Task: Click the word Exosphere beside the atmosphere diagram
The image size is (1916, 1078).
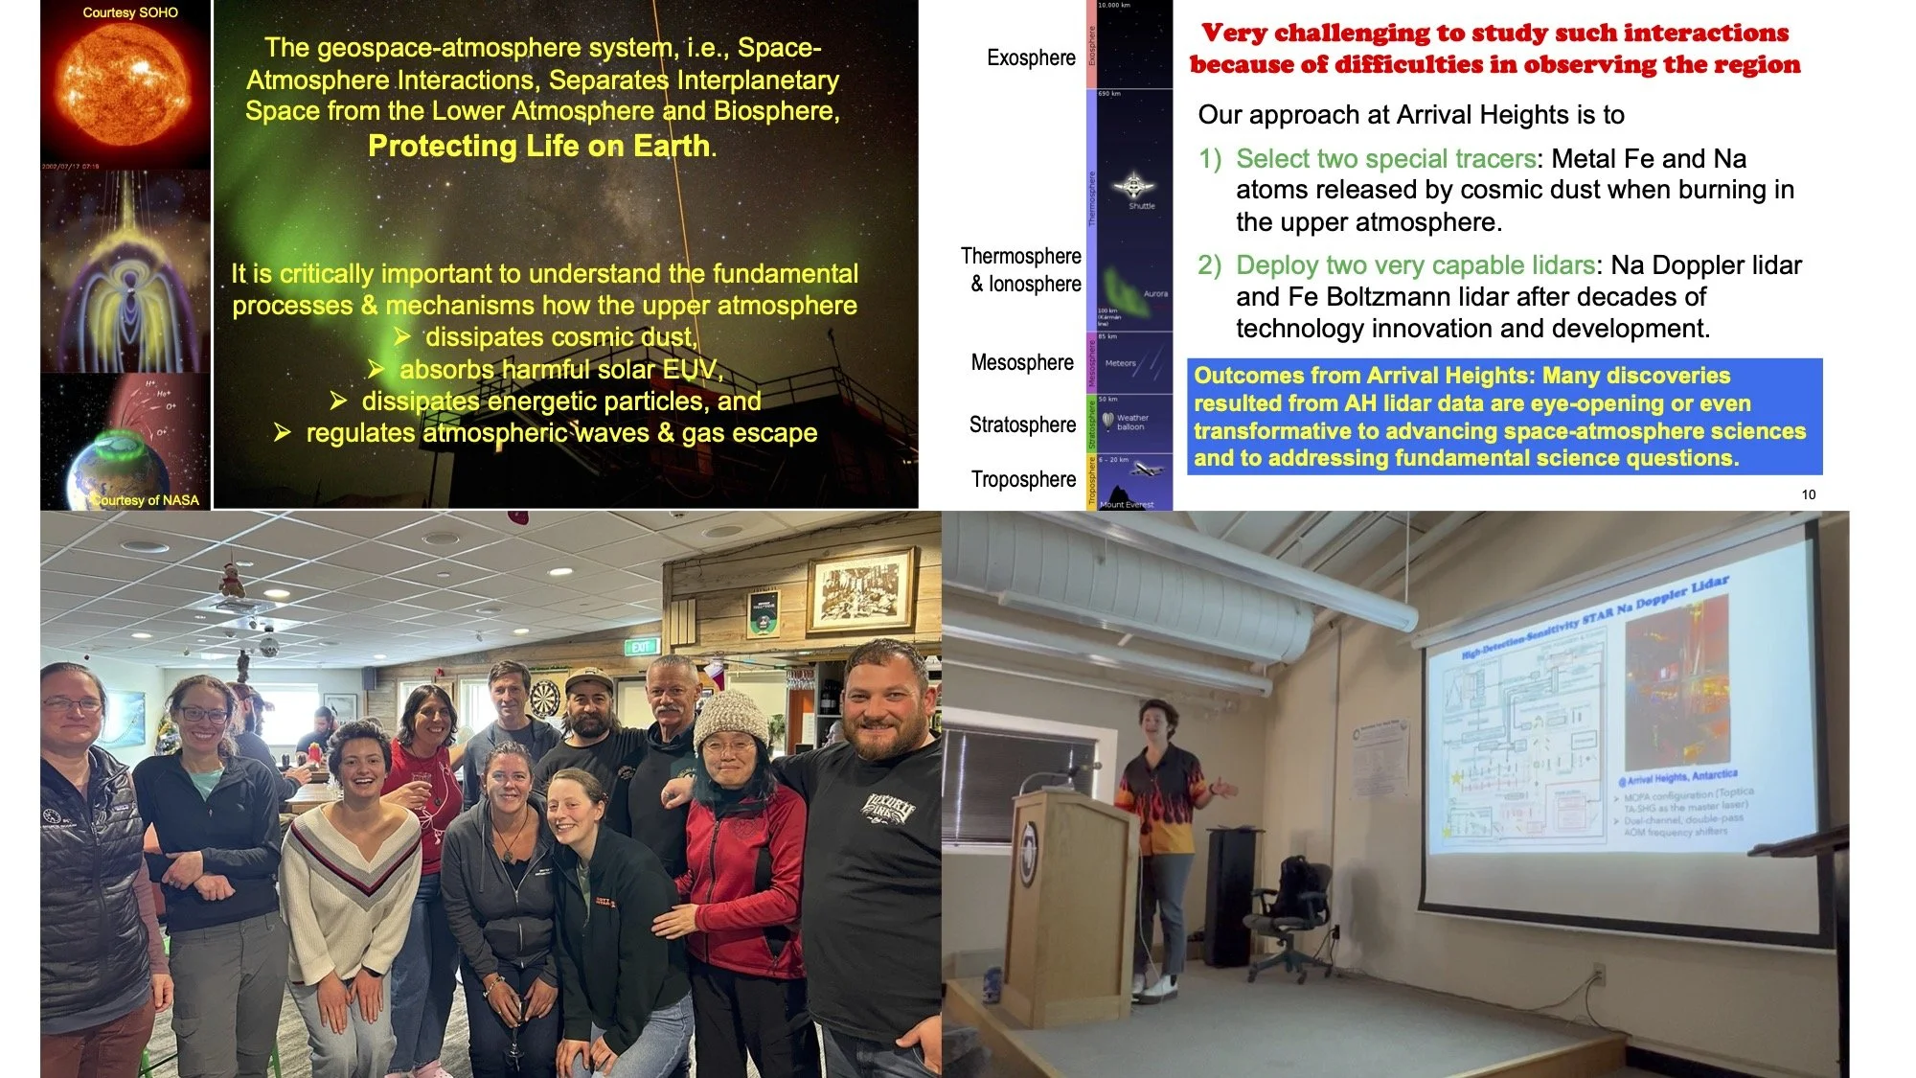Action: (1031, 57)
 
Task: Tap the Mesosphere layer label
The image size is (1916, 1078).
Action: (1021, 362)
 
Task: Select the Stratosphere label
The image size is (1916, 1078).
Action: (1021, 424)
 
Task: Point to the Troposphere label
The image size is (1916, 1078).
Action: (1023, 479)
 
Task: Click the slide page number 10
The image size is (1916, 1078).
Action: (1808, 494)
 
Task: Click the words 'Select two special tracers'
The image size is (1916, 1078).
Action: (1385, 158)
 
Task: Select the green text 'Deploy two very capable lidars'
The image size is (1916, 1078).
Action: (1414, 264)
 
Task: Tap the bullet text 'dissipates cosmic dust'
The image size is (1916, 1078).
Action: (560, 337)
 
